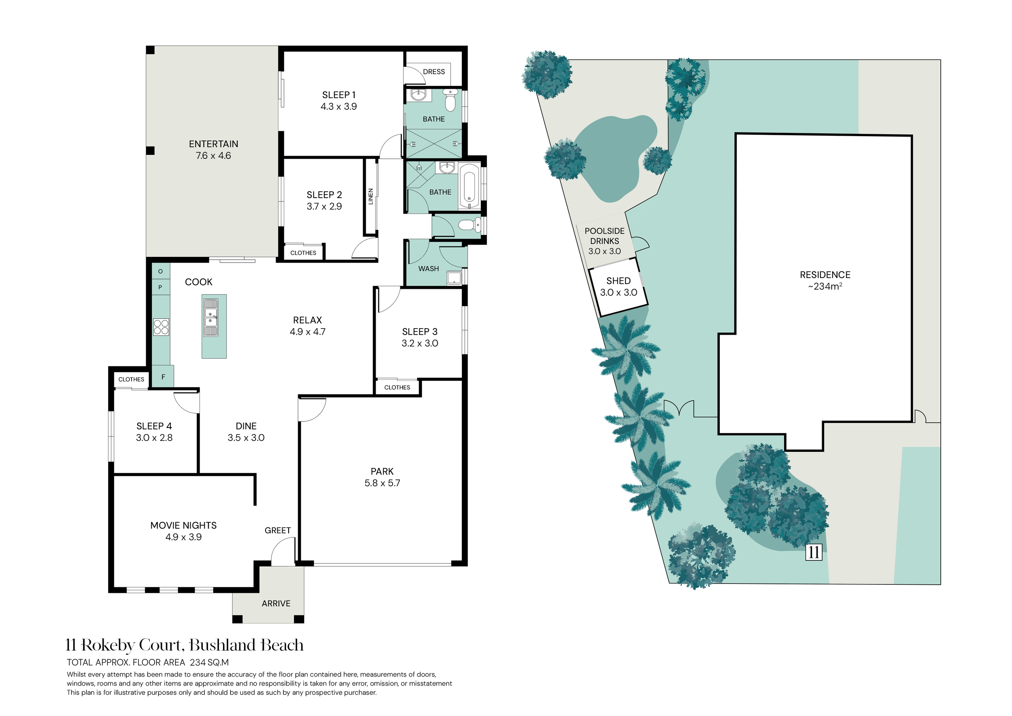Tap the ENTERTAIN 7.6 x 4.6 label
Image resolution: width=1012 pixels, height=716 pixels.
[x=213, y=150]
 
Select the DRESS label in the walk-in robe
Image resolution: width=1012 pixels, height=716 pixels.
[x=434, y=71]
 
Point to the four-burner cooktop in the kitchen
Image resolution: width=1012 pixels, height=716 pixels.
[x=161, y=327]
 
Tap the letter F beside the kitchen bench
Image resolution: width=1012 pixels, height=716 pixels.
[x=163, y=377]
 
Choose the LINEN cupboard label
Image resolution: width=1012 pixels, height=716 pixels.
[x=371, y=196]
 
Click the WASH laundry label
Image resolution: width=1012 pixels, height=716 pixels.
[x=428, y=269]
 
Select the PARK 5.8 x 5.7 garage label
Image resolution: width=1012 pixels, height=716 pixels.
[x=382, y=477]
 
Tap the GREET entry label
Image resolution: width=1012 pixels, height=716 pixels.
[x=278, y=530]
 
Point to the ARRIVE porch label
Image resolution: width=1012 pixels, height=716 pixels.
[x=276, y=603]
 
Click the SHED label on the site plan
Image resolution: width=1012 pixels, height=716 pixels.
[x=619, y=286]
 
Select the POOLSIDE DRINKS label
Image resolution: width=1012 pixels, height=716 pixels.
[x=604, y=236]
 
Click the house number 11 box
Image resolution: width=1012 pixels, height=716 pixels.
[x=814, y=552]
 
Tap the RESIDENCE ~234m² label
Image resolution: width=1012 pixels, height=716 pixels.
[x=825, y=280]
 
